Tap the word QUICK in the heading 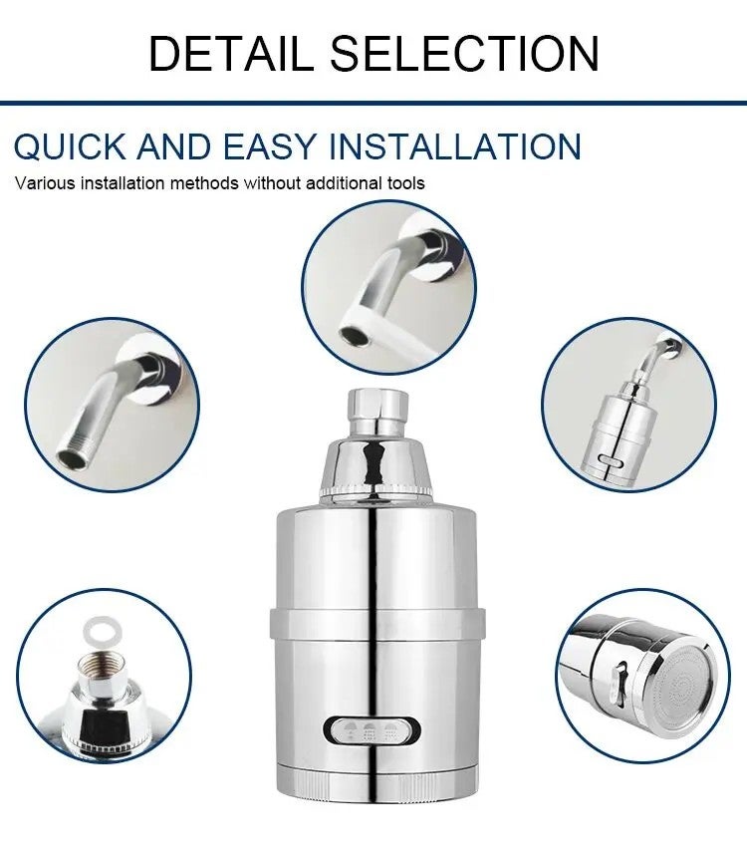click(x=70, y=146)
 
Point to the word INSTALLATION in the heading click(x=454, y=146)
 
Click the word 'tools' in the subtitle click(x=405, y=183)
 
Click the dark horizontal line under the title click(x=373, y=102)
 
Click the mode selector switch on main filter click(x=373, y=730)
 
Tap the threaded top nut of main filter click(x=377, y=410)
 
